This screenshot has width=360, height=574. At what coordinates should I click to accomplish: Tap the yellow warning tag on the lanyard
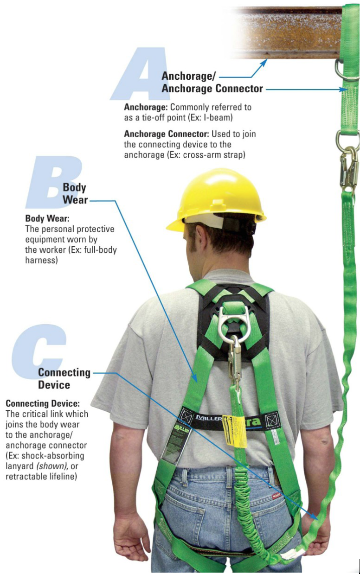click(235, 431)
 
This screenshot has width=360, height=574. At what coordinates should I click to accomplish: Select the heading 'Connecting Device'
click(64, 378)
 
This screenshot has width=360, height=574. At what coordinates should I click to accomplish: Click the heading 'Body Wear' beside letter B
click(75, 193)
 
